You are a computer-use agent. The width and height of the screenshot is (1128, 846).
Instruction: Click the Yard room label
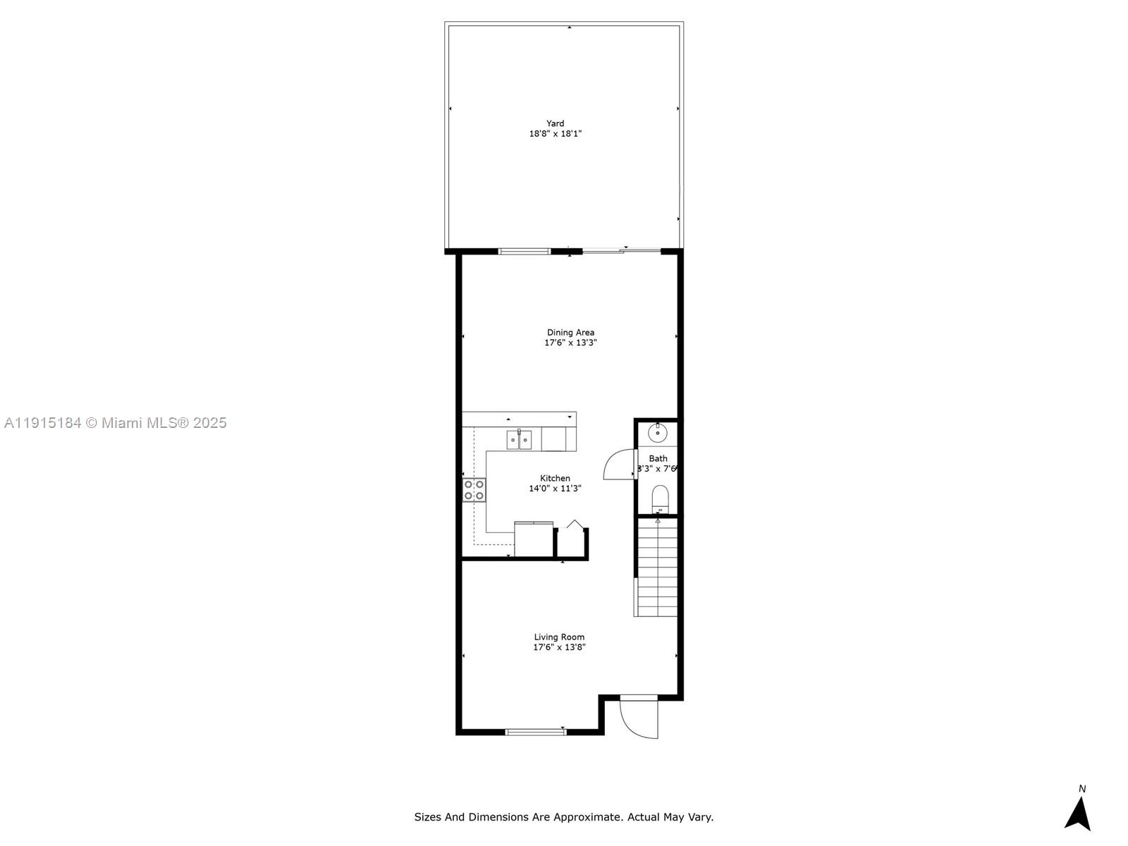555,123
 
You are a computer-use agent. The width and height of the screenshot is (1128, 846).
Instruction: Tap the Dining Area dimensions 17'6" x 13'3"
570,343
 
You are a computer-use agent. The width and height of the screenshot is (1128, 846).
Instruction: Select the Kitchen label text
555,478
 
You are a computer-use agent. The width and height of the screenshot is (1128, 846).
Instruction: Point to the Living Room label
559,637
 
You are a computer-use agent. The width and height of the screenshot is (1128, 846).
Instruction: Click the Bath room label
658,458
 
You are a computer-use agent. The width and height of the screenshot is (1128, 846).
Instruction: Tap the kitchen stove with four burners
474,490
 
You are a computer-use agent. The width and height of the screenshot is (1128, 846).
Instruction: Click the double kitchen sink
520,441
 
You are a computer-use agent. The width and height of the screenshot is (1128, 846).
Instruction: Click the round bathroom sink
657,432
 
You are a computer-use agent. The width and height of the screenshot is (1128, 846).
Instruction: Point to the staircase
657,568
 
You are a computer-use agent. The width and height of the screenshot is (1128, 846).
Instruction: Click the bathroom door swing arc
618,464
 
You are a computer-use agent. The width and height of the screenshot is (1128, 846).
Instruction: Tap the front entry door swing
638,718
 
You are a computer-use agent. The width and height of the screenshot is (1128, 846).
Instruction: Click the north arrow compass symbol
1078,814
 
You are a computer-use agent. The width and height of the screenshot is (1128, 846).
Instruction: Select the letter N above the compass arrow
1082,789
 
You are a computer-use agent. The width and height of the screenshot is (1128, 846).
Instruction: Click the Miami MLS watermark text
115,423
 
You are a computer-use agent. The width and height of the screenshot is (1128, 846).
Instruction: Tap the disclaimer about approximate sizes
563,817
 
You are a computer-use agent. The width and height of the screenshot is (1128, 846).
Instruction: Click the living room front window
536,732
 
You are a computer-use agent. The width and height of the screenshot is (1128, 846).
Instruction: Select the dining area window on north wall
525,251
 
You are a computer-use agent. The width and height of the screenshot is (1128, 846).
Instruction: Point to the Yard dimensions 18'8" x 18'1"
555,134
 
